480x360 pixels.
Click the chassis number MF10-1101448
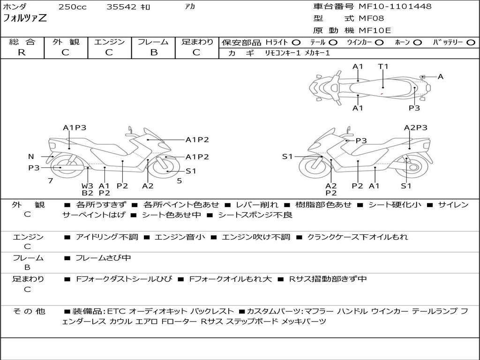pos(395,7)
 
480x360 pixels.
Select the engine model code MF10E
pos(375,30)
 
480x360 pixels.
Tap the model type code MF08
pos(371,19)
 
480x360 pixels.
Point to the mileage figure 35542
pos(121,7)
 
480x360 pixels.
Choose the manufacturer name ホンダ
pos(15,7)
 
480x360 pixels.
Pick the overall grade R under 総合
pos(22,52)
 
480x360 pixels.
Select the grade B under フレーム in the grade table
pos(153,52)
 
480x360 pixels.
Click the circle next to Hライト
pos(296,42)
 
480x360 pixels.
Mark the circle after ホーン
pos(418,42)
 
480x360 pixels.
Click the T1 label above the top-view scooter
pos(383,67)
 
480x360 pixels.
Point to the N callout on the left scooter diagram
pos(31,157)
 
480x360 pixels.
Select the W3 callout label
pos(87,186)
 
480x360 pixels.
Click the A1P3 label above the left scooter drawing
pos(75,127)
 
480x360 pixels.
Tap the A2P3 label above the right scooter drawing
pos(416,127)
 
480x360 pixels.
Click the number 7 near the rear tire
pos(50,180)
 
